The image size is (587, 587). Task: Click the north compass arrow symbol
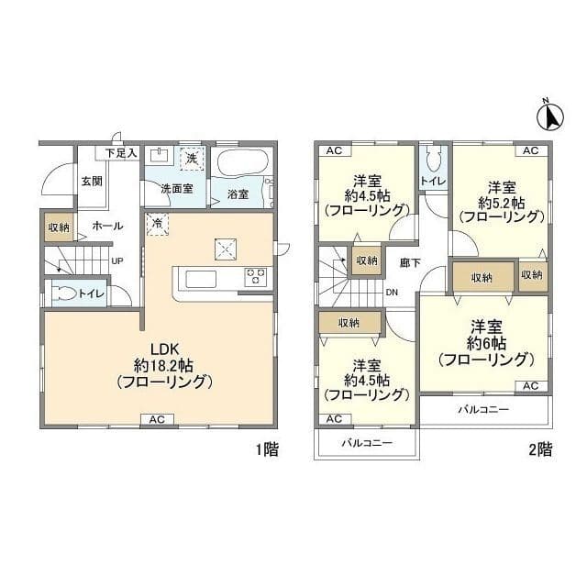550,116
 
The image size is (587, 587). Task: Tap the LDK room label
164,349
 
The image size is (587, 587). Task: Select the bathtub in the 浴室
242,162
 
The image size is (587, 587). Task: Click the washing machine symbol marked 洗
192,159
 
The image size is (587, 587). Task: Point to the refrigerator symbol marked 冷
157,224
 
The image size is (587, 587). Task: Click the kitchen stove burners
256,277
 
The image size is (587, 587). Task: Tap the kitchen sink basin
201,279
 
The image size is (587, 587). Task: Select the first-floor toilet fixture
63,293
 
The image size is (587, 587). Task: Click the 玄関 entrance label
92,182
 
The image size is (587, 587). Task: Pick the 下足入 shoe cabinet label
121,153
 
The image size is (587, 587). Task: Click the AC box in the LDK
157,419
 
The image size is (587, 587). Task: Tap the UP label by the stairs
117,261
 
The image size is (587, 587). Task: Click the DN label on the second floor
392,293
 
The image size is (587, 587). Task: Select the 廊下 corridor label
410,263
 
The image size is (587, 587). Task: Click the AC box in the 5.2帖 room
531,150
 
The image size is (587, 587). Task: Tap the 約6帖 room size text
486,343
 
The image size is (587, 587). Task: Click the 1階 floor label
267,449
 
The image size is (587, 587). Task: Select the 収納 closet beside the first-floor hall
59,227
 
